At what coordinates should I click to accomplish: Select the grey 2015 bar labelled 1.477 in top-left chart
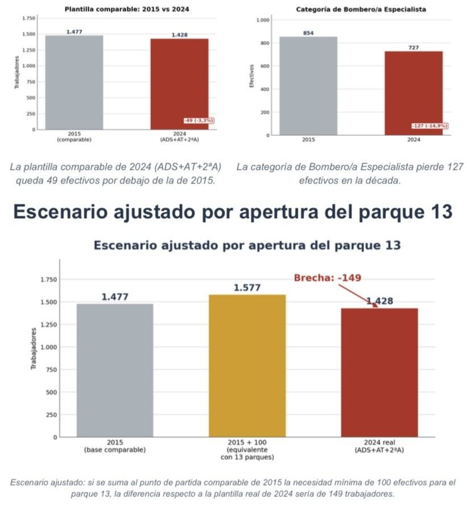click(x=74, y=82)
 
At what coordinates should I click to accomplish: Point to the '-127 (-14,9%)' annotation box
click(x=430, y=125)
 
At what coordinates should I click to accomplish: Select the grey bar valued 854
click(x=308, y=86)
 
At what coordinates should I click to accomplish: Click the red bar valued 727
click(x=413, y=93)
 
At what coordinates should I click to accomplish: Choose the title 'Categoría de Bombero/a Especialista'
click(x=361, y=10)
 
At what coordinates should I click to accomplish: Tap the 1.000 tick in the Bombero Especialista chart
click(x=263, y=20)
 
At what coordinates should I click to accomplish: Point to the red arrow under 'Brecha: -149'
click(x=361, y=295)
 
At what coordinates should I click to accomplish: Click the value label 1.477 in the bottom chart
click(x=115, y=297)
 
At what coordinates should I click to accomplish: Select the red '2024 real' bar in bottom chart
click(x=379, y=372)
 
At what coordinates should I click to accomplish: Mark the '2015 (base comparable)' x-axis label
click(x=115, y=446)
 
